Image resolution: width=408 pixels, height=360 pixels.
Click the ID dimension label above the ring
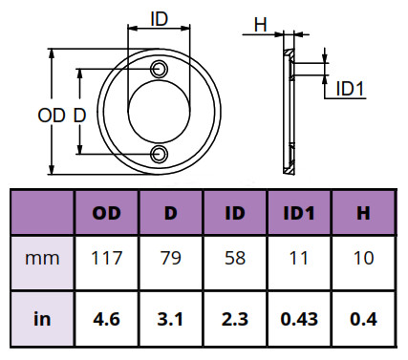click(x=159, y=19)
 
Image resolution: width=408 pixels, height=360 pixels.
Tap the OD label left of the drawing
click(x=52, y=116)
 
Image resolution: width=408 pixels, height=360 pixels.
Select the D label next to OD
click(x=79, y=116)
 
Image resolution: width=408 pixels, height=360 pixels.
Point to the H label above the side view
click(x=260, y=25)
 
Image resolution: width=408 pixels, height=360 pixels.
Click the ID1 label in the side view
click(x=350, y=89)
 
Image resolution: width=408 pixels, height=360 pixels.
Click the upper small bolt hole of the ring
click(x=159, y=69)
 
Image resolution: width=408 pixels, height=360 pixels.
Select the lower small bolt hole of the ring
click(x=159, y=154)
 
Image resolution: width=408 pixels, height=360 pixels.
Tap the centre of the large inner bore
click(x=159, y=112)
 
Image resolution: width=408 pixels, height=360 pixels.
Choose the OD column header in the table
click(x=106, y=213)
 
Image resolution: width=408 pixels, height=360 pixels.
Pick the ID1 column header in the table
click(x=299, y=213)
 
